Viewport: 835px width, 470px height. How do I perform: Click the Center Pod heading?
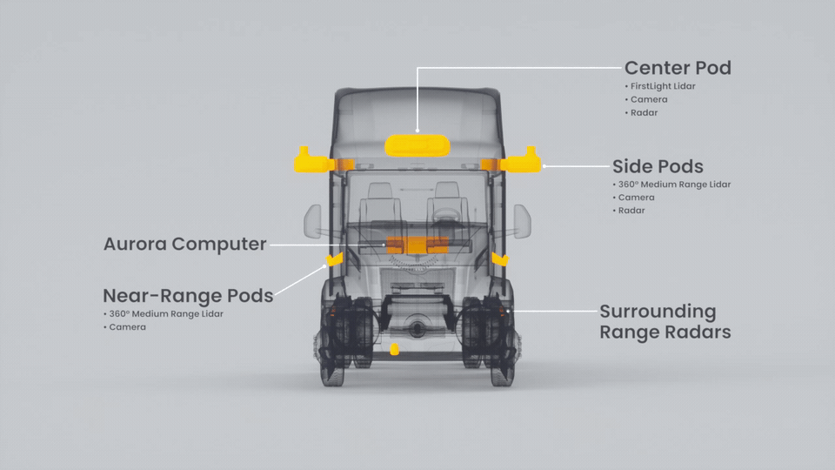678,68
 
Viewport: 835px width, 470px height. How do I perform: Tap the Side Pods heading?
658,166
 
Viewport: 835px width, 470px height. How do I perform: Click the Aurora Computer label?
184,244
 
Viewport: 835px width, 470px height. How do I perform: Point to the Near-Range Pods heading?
188,295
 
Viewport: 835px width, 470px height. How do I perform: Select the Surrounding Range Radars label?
665,321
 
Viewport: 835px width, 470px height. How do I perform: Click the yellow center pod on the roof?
417,145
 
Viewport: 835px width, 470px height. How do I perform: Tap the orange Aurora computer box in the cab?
417,245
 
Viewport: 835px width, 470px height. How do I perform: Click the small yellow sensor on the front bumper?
394,350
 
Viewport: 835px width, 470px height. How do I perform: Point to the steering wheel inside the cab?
446,214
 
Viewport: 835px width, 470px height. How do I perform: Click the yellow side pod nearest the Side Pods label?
520,161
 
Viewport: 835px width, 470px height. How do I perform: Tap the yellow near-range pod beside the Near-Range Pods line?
334,259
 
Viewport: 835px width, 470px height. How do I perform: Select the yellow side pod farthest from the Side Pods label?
314,160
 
